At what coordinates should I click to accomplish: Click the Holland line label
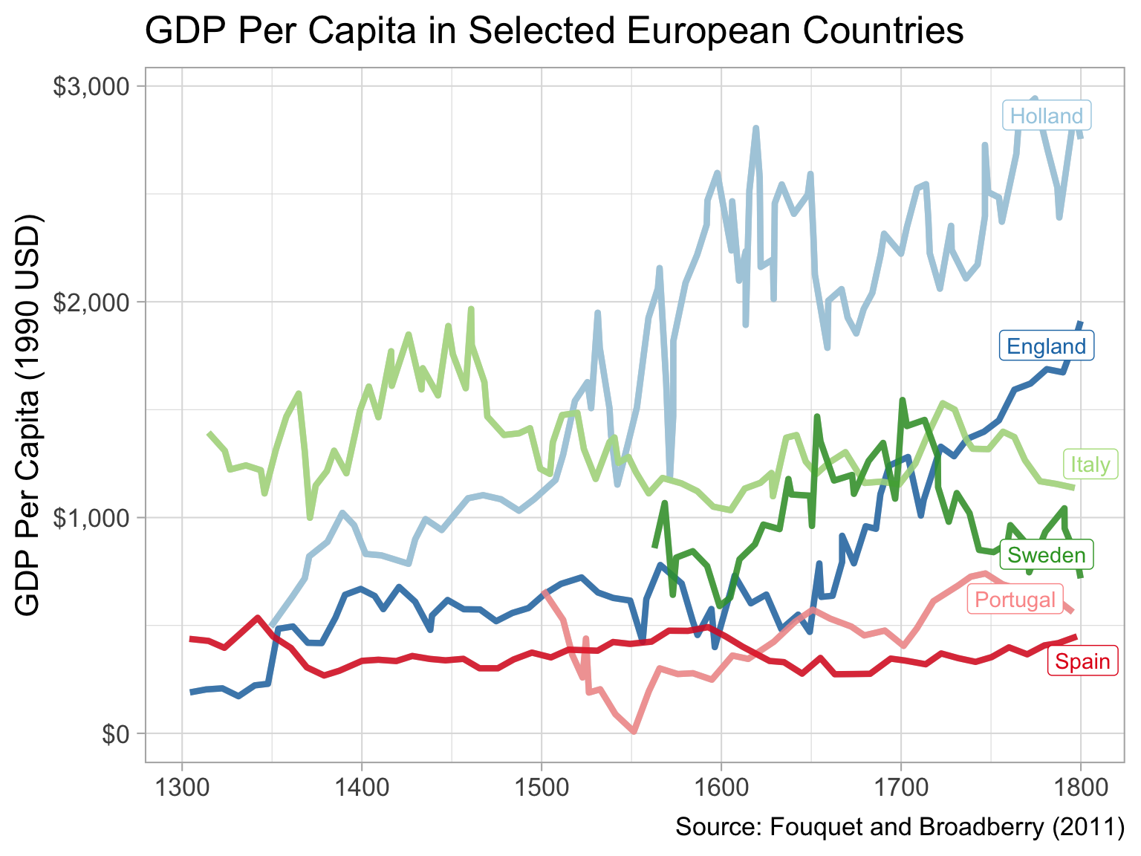click(x=1047, y=116)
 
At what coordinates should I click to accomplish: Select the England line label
click(x=1047, y=346)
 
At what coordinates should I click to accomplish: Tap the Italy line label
click(x=1090, y=465)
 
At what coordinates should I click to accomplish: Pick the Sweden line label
click(x=1047, y=555)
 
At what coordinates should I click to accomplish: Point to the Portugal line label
click(x=1015, y=600)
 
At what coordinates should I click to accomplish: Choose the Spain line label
click(x=1082, y=661)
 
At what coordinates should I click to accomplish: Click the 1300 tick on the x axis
click(x=182, y=785)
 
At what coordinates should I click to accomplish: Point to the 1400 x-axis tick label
click(x=362, y=785)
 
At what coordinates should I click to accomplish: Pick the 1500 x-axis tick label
click(x=542, y=785)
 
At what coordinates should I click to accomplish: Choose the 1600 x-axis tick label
click(x=721, y=785)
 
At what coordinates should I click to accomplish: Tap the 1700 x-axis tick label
click(x=901, y=785)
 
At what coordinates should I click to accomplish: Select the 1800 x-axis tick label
click(x=1081, y=785)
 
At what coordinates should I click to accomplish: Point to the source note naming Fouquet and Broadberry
click(x=900, y=827)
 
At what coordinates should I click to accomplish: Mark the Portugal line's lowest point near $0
click(x=634, y=731)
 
